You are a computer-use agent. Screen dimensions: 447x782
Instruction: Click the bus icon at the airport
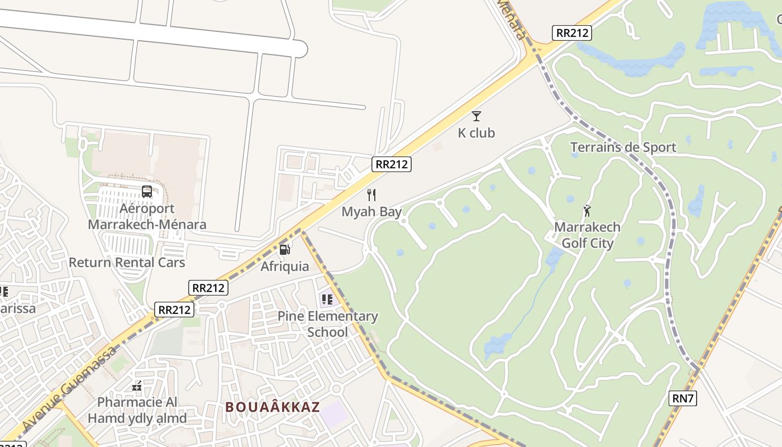(147, 192)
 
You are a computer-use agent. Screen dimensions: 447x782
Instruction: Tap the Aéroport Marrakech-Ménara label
(147, 217)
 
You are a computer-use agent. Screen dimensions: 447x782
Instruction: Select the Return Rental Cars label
(127, 262)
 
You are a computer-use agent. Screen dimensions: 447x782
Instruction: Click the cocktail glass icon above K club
(476, 116)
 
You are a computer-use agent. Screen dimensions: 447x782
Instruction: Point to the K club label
(476, 133)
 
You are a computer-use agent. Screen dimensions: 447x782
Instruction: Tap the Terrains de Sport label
(623, 148)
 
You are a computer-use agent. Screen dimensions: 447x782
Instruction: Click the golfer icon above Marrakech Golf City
(587, 211)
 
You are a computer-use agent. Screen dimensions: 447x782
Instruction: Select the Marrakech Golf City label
(587, 235)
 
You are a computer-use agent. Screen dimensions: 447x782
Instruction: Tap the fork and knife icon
(371, 195)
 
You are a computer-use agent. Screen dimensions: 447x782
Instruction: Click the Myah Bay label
(371, 212)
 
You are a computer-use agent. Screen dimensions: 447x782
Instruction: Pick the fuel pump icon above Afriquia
(284, 249)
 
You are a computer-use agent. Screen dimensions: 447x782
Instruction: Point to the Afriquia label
(285, 266)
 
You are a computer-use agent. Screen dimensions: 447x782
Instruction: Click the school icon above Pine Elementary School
(327, 299)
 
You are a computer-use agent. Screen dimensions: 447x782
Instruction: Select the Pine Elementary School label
(328, 324)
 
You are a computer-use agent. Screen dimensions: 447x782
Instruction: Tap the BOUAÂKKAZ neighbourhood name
(273, 407)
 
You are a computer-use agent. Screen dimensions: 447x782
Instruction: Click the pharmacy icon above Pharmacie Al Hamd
(137, 386)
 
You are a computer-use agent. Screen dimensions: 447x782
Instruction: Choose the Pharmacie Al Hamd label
(137, 410)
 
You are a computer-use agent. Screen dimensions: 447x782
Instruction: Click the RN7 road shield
(683, 398)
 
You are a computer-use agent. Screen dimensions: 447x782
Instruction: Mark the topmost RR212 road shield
(572, 32)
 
